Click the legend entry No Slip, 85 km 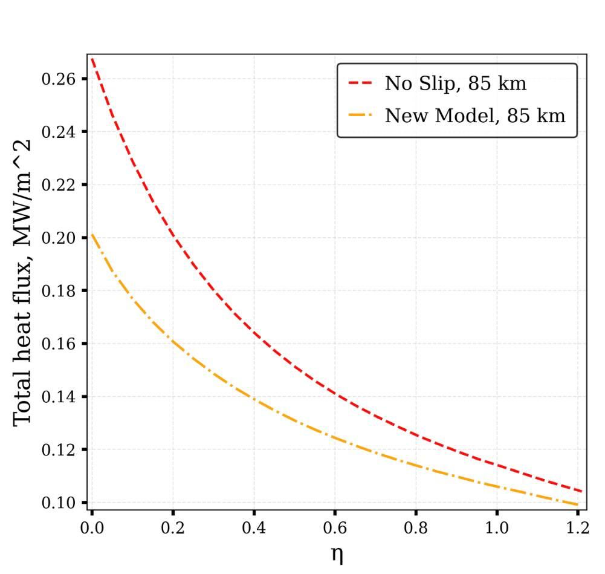click(x=455, y=83)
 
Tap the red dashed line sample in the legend click(x=361, y=83)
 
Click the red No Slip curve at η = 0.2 click(x=173, y=237)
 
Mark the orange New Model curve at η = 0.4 click(x=254, y=399)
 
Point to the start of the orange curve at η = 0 click(x=92, y=235)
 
